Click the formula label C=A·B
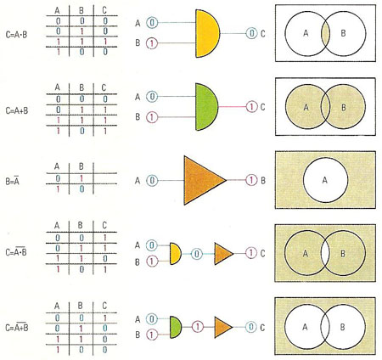tap(16, 35)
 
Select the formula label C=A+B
tap(17, 110)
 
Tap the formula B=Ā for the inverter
tap(13, 181)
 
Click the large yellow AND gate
tap(207, 33)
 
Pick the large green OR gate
tap(206, 107)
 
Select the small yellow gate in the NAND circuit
tap(176, 254)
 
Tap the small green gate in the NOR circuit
tap(176, 328)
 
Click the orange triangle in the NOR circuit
tap(223, 328)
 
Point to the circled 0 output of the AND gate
tap(251, 33)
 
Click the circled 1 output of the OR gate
tap(251, 107)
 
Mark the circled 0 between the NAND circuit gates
tap(197, 254)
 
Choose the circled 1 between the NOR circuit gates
tap(198, 327)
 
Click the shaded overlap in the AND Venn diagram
tap(325, 34)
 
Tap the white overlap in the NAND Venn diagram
tap(325, 253)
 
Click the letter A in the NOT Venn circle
tap(325, 180)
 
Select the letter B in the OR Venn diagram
tap(343, 107)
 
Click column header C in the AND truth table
tap(104, 10)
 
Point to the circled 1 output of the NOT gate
tap(251, 180)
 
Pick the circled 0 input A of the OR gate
tap(152, 97)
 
